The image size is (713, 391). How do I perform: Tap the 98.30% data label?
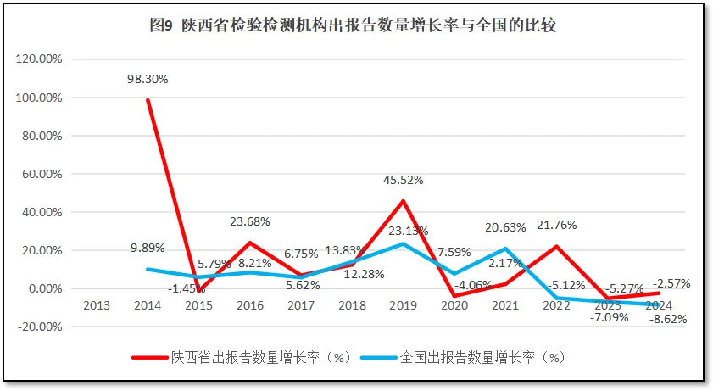click(148, 79)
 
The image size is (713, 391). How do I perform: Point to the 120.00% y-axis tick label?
click(39, 59)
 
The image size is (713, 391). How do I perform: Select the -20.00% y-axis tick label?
click(39, 327)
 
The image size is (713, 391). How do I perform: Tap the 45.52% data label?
click(403, 181)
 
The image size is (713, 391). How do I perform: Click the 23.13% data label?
click(409, 230)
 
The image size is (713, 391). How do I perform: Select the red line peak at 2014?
click(148, 100)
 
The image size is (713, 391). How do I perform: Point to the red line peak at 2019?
click(403, 201)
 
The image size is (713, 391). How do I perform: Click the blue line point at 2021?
click(505, 249)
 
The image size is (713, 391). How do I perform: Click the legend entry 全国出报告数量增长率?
click(462, 357)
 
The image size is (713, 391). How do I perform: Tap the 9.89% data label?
click(148, 249)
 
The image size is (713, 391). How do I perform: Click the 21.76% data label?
click(556, 226)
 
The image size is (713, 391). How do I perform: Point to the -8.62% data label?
click(667, 320)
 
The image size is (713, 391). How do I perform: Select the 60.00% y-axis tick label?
click(39, 174)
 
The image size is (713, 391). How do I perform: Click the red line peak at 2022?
click(556, 247)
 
